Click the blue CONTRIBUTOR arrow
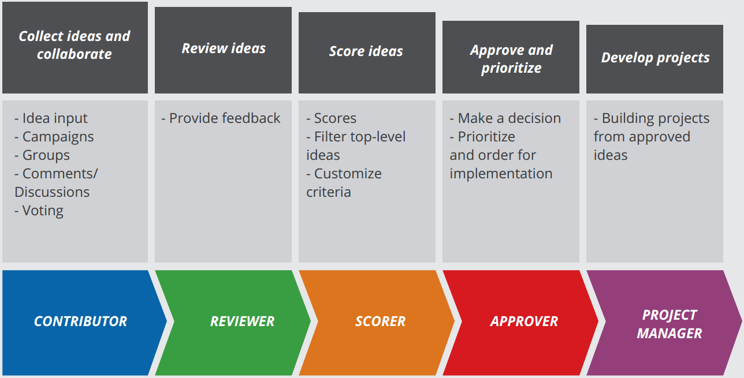click(x=80, y=321)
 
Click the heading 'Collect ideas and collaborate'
click(x=75, y=45)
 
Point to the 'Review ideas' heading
click(x=224, y=48)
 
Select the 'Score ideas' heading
click(x=366, y=51)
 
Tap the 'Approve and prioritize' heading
click(x=511, y=59)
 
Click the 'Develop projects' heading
click(x=655, y=58)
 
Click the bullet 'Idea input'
click(x=54, y=118)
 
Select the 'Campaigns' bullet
click(x=57, y=137)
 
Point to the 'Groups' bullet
click(x=46, y=155)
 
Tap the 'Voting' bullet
click(x=42, y=211)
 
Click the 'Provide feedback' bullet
click(x=224, y=118)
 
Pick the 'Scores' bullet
click(x=334, y=118)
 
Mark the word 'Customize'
click(x=348, y=174)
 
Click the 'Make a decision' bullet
click(x=508, y=118)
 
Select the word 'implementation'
click(x=501, y=174)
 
